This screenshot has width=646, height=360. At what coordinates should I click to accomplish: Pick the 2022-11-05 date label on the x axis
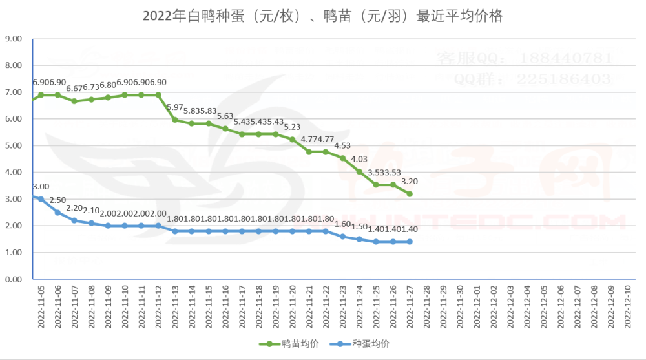(x=41, y=308)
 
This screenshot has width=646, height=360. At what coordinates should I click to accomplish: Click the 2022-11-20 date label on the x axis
(x=293, y=308)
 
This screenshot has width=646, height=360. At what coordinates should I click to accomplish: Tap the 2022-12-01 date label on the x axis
(x=477, y=308)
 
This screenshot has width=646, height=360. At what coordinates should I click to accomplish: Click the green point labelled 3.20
(x=410, y=194)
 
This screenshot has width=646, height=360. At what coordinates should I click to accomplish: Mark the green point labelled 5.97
(x=175, y=120)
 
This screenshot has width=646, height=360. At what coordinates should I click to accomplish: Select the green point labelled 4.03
(x=360, y=172)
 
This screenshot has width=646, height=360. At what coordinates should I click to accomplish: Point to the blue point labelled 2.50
(x=57, y=213)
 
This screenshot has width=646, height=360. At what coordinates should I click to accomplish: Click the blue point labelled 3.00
(x=41, y=199)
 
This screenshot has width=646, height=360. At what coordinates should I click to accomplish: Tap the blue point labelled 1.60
(x=343, y=237)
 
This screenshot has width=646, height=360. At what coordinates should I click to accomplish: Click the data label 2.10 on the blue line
(x=91, y=210)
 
